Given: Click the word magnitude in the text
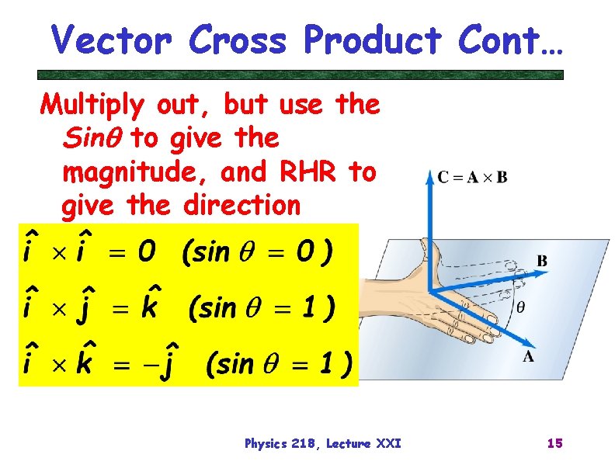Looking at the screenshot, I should coord(136,172).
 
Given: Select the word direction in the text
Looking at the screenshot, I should coord(241,206).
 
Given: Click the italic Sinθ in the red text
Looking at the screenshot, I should coord(92,138).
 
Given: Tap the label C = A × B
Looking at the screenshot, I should coord(472,178).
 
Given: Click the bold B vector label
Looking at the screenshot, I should coord(541,262).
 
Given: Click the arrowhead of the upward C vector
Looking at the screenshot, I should coord(429,179).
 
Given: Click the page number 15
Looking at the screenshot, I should coord(554,443).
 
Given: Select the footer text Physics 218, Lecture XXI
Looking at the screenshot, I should coord(322,443).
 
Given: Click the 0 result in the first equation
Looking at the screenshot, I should coord(145,251).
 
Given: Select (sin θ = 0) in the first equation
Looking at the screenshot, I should coord(257,251).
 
